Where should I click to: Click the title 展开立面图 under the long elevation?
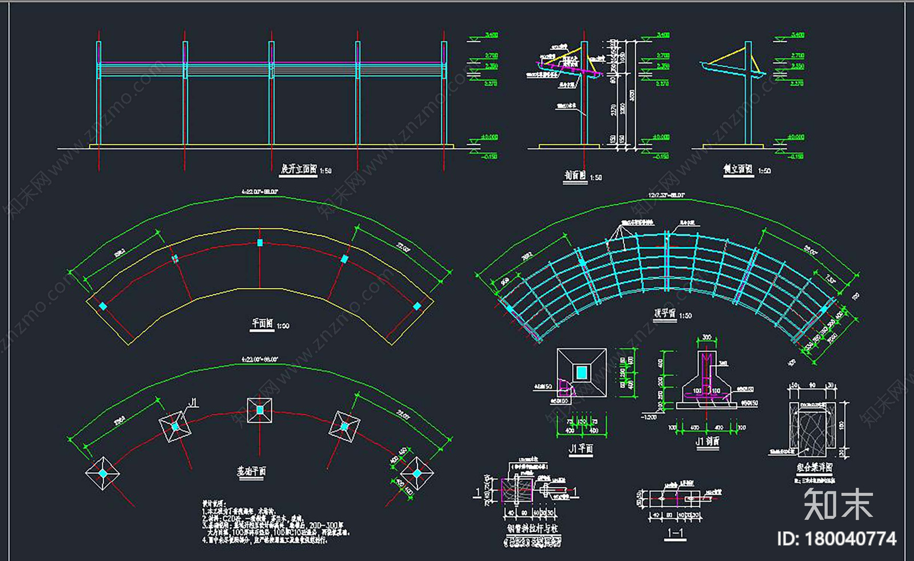pyautogui.click(x=298, y=169)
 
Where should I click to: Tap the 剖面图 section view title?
pyautogui.click(x=575, y=176)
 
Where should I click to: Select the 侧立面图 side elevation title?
pyautogui.click(x=737, y=169)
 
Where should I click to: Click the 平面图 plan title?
pyautogui.click(x=262, y=323)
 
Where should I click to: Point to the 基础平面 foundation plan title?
pyautogui.click(x=251, y=471)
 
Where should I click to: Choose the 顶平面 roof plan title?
pyautogui.click(x=665, y=313)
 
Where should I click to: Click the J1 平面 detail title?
pyautogui.click(x=580, y=449)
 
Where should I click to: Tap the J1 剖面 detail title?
pyautogui.click(x=707, y=442)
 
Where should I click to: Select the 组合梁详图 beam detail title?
pyautogui.click(x=815, y=467)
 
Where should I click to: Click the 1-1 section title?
pyautogui.click(x=676, y=534)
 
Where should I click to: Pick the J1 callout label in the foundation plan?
pyautogui.click(x=193, y=403)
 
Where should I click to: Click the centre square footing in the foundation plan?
pyautogui.click(x=259, y=410)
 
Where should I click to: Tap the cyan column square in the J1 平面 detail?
pyautogui.click(x=581, y=372)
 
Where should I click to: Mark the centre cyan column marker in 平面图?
pyautogui.click(x=260, y=243)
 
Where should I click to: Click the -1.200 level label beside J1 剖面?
pyautogui.click(x=649, y=417)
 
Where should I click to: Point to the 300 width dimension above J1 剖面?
pyautogui.click(x=707, y=338)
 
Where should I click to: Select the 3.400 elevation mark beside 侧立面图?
pyautogui.click(x=797, y=35)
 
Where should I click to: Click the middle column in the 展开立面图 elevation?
pyautogui.click(x=271, y=94)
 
